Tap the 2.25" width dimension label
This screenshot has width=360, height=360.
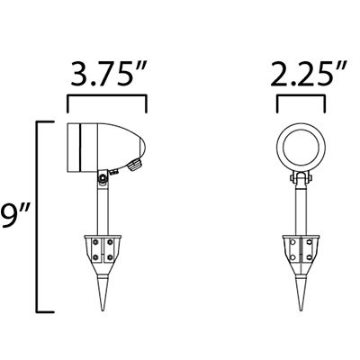[x=309, y=74]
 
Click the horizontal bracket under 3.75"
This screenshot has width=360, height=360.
[x=107, y=96]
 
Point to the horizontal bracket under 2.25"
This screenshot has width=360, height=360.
[x=301, y=96]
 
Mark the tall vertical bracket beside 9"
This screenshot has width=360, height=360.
[x=37, y=217]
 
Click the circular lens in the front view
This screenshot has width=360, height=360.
[x=301, y=147]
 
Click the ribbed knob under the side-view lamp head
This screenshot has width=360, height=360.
[x=134, y=165]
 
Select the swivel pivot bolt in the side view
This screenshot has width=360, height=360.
[x=103, y=178]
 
